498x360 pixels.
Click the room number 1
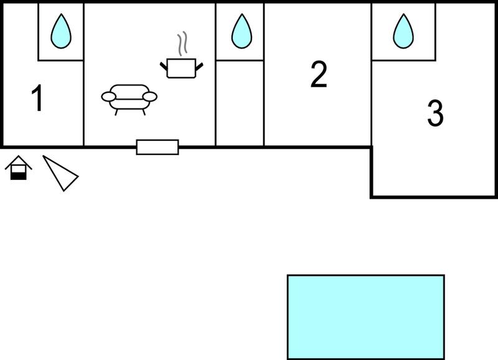37,98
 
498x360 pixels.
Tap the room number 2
319,74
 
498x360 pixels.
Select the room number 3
435,113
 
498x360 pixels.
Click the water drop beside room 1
61,31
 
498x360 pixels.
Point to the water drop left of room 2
242,31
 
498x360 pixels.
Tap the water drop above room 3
403,31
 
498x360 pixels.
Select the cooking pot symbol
181,69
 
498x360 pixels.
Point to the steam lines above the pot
182,44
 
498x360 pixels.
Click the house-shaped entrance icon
19,168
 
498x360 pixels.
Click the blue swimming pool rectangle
366,317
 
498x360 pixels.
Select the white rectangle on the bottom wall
157,147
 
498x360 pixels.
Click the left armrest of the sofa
108,97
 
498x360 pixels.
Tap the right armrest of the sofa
150,97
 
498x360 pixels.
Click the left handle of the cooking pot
164,67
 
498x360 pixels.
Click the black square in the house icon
19,176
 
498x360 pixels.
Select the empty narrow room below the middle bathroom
240,103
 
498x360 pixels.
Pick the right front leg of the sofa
144,112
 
